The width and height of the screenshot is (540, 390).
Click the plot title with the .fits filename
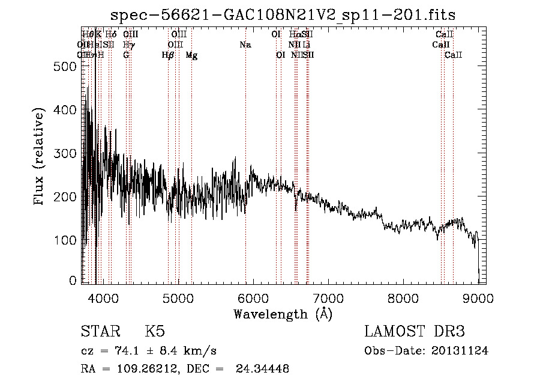[284, 16]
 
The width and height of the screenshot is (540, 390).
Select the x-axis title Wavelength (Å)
[283, 314]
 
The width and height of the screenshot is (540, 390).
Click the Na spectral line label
[245, 45]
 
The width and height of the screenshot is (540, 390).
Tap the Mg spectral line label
[191, 55]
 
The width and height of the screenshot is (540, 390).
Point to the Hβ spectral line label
[168, 55]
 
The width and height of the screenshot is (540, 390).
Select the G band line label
[126, 55]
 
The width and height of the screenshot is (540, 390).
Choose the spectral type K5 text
[155, 332]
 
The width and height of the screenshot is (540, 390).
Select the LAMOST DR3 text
[415, 332]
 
